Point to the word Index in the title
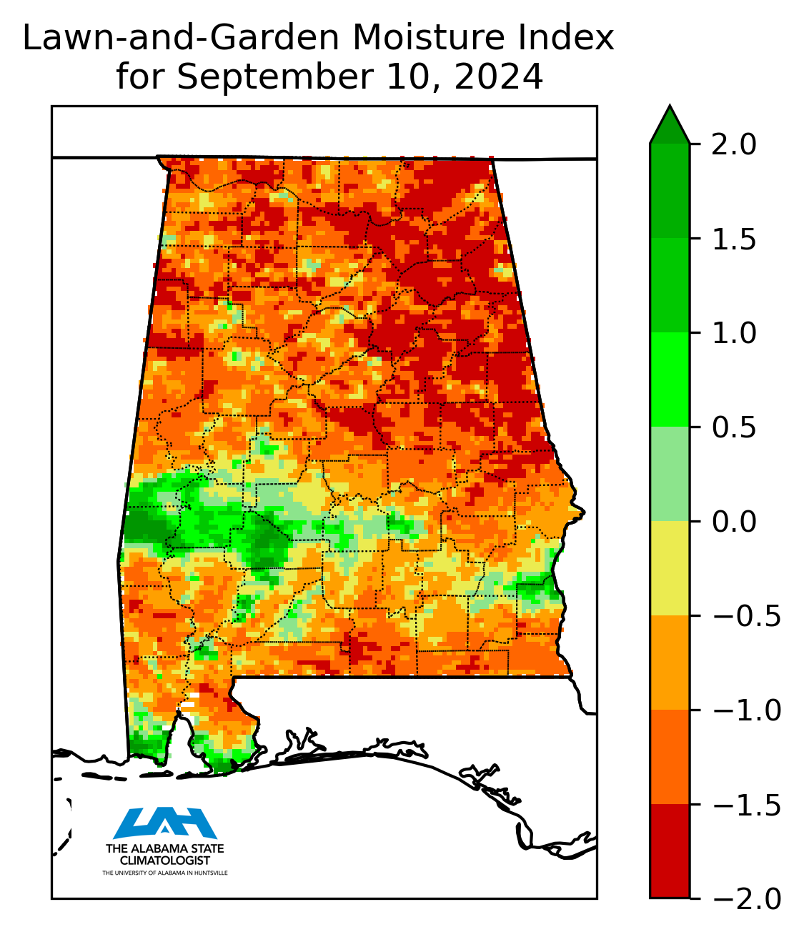click(x=575, y=39)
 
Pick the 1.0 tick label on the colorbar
click(x=734, y=333)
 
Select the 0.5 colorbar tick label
click(x=734, y=427)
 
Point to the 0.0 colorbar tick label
click(x=734, y=522)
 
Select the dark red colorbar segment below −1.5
click(x=670, y=851)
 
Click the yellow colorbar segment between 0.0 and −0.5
click(x=670, y=568)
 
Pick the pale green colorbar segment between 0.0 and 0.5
click(x=670, y=474)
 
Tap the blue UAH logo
click(x=165, y=823)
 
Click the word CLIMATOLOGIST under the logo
click(x=165, y=861)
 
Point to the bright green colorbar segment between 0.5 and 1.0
click(x=670, y=380)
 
